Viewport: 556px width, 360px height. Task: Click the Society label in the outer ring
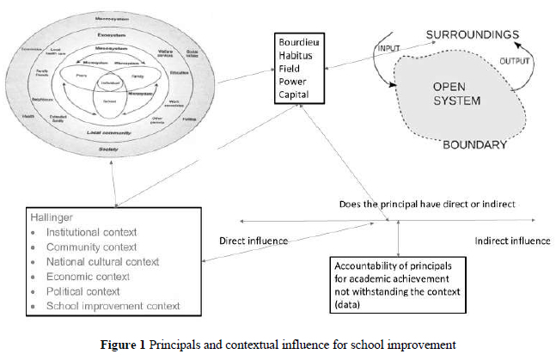(108, 149)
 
